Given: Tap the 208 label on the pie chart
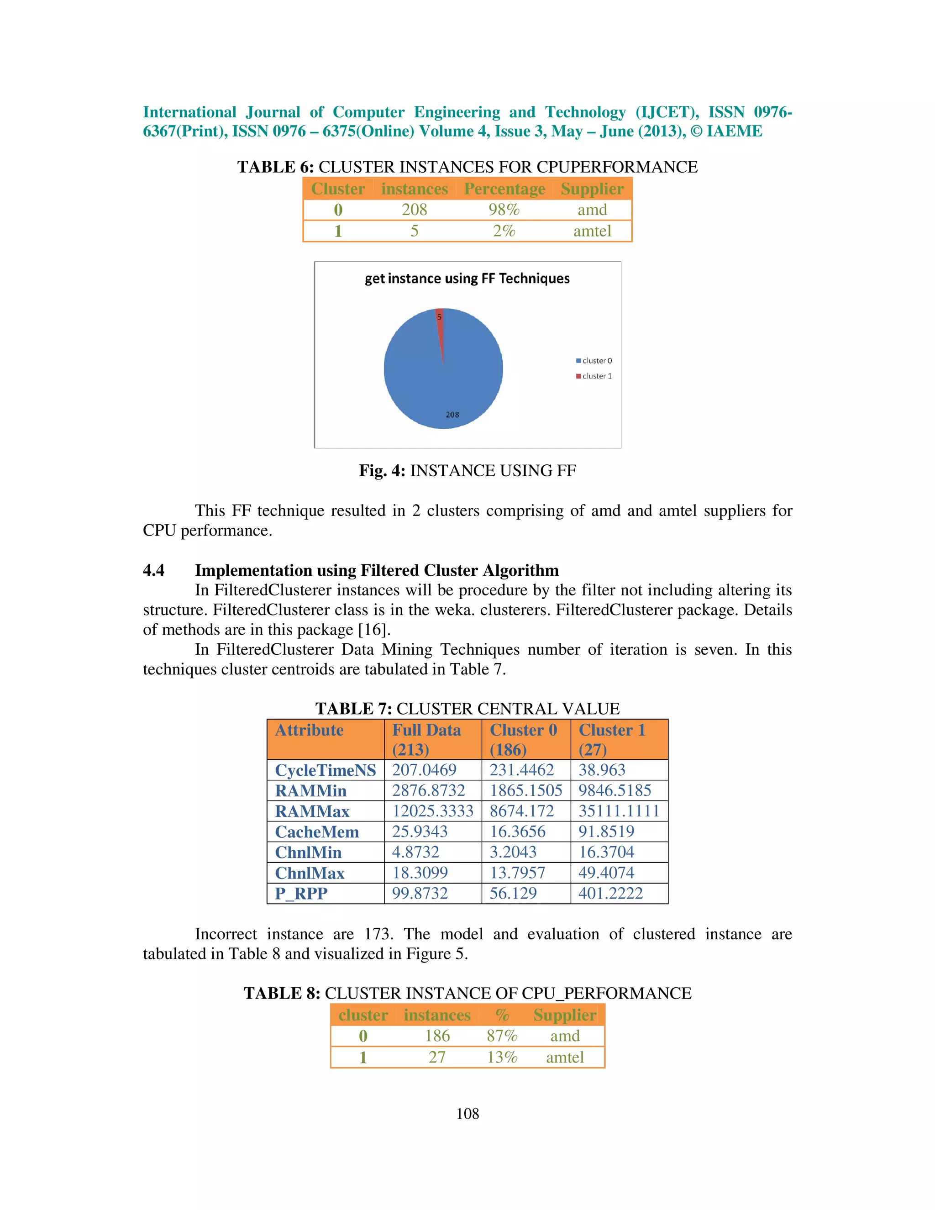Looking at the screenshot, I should point(452,415).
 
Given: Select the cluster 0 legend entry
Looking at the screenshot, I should point(594,361).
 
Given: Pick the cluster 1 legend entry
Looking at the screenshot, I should point(594,376).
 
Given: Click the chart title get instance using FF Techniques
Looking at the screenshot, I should point(467,279).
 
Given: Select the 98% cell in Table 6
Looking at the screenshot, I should point(504,210).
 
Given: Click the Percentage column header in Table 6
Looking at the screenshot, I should point(504,189).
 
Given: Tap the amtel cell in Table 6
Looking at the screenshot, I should point(592,231).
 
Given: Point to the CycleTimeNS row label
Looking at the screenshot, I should point(325,770).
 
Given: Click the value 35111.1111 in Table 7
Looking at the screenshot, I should point(619,811).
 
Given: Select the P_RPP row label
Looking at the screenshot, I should point(301,894).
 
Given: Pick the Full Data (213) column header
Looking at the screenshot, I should point(426,740).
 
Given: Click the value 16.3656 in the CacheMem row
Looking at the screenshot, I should point(517,831).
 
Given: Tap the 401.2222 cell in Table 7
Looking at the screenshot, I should point(610,894).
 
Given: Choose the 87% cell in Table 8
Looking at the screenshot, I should point(502,1036).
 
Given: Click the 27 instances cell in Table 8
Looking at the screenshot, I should point(437,1057).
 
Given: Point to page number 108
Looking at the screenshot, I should point(467,1114).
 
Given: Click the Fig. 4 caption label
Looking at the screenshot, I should point(382,471).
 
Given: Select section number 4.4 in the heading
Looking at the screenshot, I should point(153,571).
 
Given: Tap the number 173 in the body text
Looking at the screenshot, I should point(377,934).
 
